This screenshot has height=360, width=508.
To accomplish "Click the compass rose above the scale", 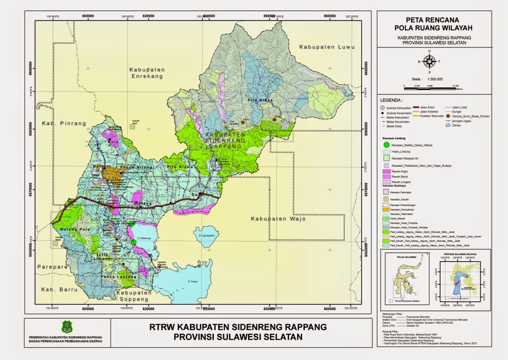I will pos(430,62).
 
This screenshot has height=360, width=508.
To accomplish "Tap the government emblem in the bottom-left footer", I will pos(66,327).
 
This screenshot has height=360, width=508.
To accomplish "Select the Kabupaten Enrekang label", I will pos(144,73).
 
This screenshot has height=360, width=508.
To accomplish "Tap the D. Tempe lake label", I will pos(193,282).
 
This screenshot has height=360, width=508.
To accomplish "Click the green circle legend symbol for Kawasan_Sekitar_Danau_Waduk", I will pos(386,144).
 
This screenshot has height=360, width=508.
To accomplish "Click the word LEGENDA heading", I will pos(392,99).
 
